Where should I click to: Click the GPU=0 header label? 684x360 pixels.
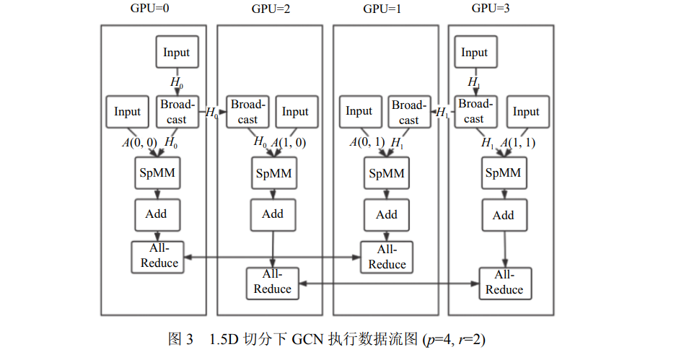149,8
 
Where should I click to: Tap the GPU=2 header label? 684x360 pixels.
271,9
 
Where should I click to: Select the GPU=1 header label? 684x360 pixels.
382,9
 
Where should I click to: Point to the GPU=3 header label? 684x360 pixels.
491,8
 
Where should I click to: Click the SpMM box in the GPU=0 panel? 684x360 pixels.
157,173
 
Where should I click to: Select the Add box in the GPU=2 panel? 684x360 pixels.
273,215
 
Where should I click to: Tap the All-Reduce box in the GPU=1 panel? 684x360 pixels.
387,257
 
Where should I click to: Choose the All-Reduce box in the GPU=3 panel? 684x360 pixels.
505,284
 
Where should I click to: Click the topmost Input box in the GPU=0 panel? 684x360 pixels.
177,52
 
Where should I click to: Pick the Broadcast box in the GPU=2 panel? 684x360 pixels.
247,112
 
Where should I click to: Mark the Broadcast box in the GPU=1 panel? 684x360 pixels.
409,112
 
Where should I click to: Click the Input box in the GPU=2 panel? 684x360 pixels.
297,112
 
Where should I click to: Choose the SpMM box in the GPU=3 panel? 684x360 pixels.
504,173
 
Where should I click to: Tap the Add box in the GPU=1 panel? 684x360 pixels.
387,215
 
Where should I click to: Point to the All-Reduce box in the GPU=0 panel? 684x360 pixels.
157,257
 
